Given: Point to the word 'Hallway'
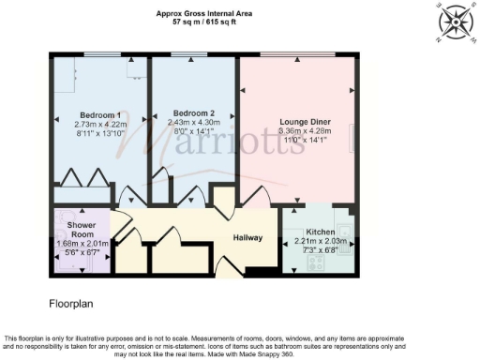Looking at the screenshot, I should pyautogui.click(x=249, y=237).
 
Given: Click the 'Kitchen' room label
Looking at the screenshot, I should pyautogui.click(x=320, y=231).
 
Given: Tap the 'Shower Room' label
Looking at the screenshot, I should pyautogui.click(x=81, y=231).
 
